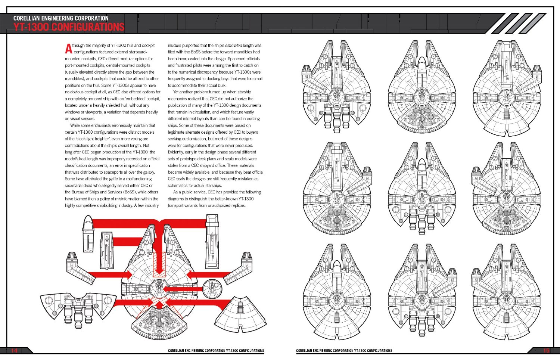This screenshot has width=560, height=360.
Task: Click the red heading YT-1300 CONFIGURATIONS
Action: tap(69, 27)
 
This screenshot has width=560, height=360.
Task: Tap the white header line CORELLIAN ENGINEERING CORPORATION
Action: tap(61, 18)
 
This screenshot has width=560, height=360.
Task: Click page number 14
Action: tap(14, 350)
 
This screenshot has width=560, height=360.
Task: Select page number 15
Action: tap(546, 350)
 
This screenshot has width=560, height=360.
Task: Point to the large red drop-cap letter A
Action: tap(68, 48)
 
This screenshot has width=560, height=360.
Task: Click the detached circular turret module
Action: tap(212, 288)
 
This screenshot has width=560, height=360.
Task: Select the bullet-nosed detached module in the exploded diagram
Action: tap(88, 234)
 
